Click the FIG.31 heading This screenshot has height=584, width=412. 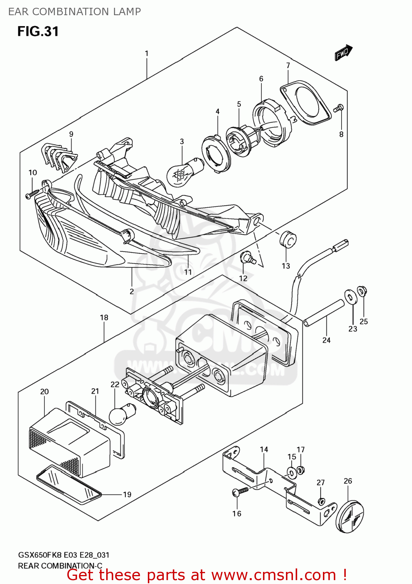(38, 32)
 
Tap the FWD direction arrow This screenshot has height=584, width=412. (343, 53)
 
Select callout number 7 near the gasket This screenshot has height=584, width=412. (288, 65)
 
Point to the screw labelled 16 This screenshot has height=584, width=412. (240, 492)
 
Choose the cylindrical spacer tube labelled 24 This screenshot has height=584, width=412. (324, 312)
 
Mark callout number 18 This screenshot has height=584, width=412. (104, 318)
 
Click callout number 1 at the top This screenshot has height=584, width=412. (147, 53)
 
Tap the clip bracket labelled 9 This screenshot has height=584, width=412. (59, 157)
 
